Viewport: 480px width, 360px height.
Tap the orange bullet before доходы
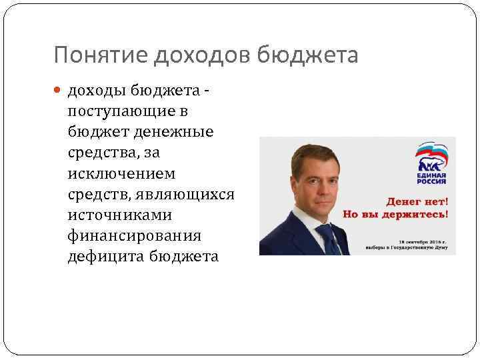click(x=59, y=90)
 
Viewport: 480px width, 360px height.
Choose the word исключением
click(x=121, y=173)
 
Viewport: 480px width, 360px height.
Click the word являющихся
click(x=193, y=194)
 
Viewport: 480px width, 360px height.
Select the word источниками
click(x=119, y=215)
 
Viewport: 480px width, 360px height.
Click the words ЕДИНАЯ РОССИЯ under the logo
click(x=431, y=179)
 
